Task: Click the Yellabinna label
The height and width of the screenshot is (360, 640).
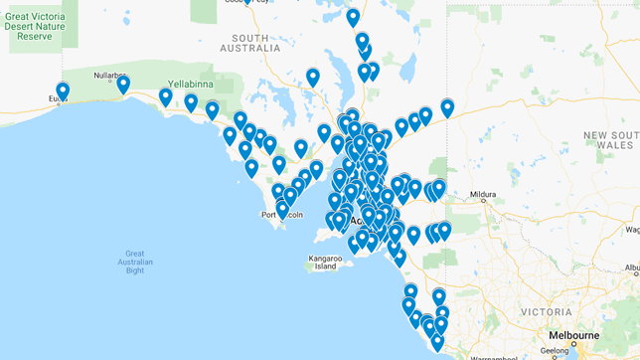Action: [194, 84]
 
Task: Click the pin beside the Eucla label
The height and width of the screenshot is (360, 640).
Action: [63, 90]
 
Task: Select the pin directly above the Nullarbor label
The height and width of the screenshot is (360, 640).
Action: [123, 84]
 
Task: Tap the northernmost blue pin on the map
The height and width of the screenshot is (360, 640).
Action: [353, 17]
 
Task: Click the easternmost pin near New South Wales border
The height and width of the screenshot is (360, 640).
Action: [447, 107]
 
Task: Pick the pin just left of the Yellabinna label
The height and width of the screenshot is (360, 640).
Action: [165, 96]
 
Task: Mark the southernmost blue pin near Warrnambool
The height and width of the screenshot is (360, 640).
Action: [437, 342]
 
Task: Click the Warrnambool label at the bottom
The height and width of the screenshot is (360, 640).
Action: [486, 356]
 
